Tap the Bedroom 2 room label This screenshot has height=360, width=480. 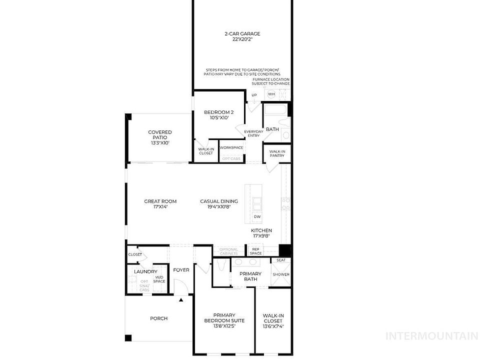tap(219, 115)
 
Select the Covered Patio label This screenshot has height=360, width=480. tap(160, 137)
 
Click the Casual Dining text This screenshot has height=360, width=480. tap(219, 204)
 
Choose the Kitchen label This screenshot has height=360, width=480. tap(261, 233)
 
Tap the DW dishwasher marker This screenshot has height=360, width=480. tap(257, 216)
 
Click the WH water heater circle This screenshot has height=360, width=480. tap(271, 94)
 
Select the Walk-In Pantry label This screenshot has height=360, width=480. tap(277, 153)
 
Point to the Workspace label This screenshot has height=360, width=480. tap(231, 147)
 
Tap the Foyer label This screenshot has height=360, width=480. tap(181, 270)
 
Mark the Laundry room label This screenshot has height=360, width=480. tap(145, 271)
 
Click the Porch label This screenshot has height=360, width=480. tap(159, 318)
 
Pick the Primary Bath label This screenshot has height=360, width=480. tap(250, 276)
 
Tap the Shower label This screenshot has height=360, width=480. tap(280, 274)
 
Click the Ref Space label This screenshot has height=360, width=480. tap(255, 251)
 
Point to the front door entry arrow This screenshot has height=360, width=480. tap(181, 300)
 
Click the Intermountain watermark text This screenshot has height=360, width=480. tap(433, 335)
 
